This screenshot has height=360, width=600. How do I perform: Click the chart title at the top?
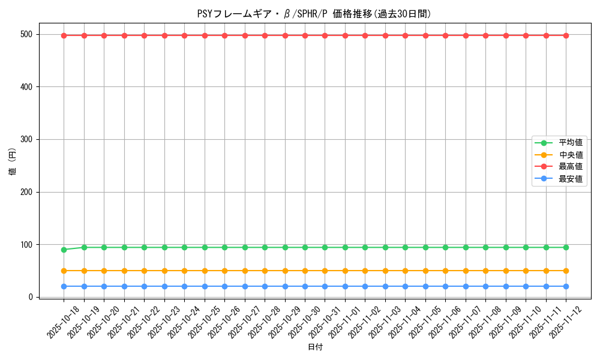click(314, 14)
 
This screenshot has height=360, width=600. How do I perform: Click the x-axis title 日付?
click(315, 347)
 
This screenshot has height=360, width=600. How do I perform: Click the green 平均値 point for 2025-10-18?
click(64, 250)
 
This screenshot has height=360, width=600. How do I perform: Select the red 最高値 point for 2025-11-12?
click(566, 35)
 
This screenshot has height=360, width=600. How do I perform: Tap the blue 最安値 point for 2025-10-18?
click(64, 286)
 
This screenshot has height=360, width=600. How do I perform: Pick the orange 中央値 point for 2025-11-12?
click(566, 271)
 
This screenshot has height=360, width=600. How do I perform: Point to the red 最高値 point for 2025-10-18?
click(64, 35)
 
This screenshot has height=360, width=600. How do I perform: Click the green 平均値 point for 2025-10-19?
click(84, 247)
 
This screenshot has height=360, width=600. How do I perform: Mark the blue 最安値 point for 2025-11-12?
click(566, 286)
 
